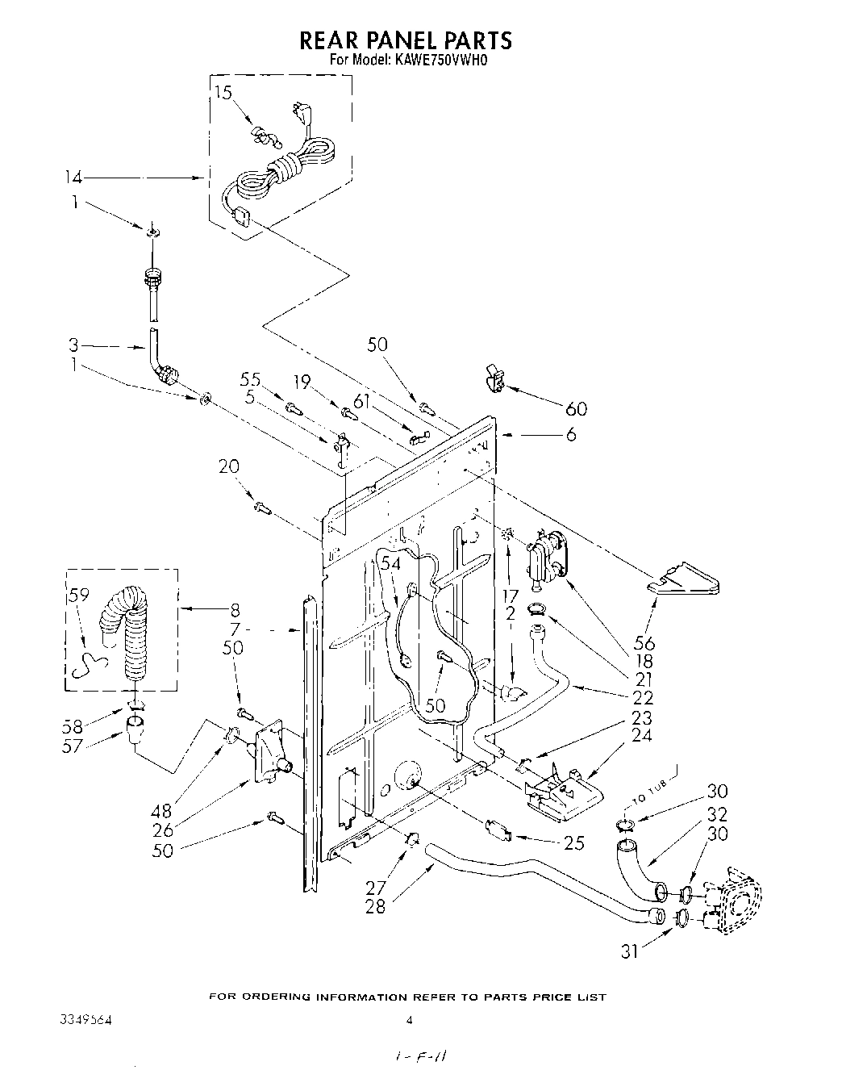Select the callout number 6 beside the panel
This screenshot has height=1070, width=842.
click(x=570, y=434)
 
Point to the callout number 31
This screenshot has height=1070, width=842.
click(x=630, y=951)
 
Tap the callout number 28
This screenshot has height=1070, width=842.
click(x=375, y=906)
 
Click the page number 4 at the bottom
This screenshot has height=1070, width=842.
click(x=409, y=1020)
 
